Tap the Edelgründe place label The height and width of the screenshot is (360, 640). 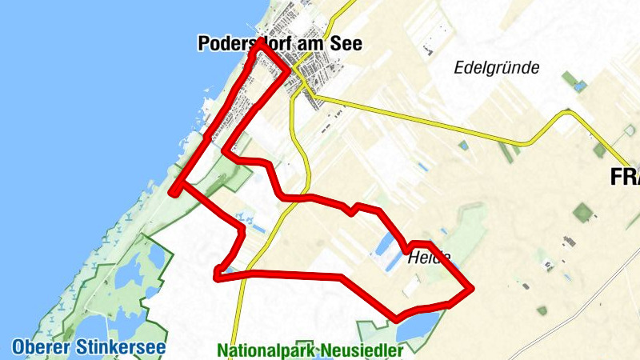click(x=496, y=67)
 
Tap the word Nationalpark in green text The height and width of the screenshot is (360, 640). click(x=266, y=350)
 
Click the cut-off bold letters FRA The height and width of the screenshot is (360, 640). click(x=625, y=178)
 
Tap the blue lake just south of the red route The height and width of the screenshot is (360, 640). click(x=418, y=325)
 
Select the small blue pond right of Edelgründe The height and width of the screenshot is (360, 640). click(x=580, y=85)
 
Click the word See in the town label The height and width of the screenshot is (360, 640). click(x=342, y=45)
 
